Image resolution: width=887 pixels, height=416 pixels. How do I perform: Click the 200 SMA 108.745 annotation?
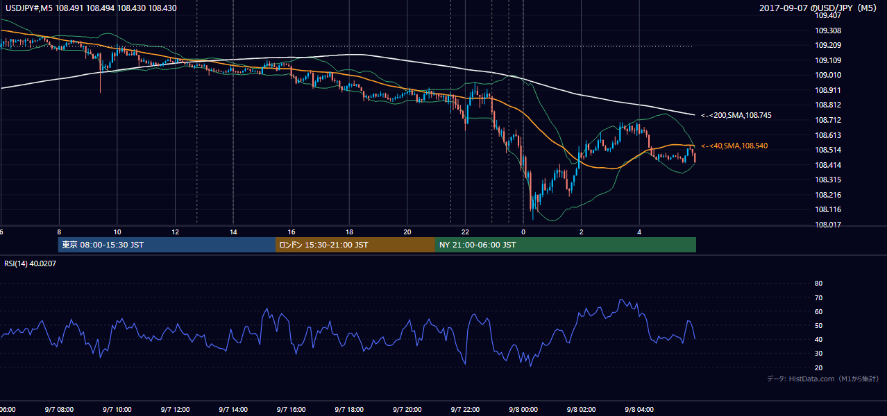[736, 116]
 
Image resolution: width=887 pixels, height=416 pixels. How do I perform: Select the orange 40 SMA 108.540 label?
[734, 146]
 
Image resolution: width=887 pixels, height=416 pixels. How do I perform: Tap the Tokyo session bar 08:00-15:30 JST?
[167, 245]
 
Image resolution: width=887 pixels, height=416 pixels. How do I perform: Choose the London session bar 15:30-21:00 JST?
[355, 245]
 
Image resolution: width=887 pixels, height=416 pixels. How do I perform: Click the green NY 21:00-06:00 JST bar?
[566, 245]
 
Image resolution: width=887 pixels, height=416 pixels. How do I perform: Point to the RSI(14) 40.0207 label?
[30, 263]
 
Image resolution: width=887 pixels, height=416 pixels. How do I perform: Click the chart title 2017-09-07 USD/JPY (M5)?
[818, 8]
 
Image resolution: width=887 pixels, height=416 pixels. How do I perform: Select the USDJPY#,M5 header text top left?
[91, 8]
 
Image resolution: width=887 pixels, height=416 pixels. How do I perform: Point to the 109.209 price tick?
[828, 46]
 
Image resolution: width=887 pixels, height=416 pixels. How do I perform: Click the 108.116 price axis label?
[828, 209]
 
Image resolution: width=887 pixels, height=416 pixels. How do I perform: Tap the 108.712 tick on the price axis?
[828, 120]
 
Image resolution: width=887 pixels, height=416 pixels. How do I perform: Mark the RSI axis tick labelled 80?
[818, 283]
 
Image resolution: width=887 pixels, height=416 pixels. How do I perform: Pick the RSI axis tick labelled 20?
[818, 367]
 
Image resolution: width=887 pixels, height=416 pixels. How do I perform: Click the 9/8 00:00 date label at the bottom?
[523, 410]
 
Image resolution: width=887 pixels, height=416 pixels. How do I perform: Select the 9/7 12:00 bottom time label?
[175, 410]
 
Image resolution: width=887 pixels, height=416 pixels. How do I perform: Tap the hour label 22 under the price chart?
[465, 232]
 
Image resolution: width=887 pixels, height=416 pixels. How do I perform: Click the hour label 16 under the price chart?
[291, 232]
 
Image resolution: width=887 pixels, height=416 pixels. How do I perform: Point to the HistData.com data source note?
[823, 379]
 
